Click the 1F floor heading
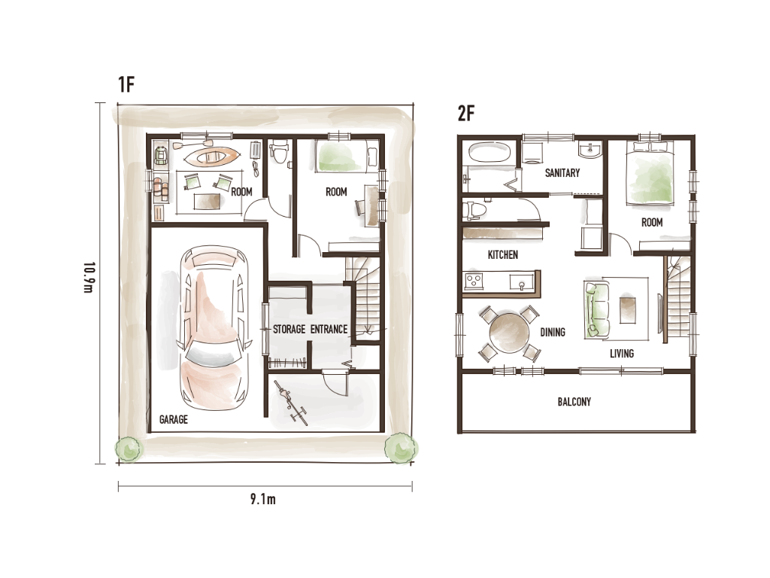pyautogui.click(x=126, y=84)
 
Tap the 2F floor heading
pyautogui.click(x=466, y=113)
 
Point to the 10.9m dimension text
pyautogui.click(x=88, y=277)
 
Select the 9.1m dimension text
pyautogui.click(x=262, y=500)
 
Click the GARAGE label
pyautogui.click(x=174, y=419)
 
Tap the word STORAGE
pyautogui.click(x=290, y=329)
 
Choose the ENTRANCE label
pyautogui.click(x=329, y=329)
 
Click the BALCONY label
pyautogui.click(x=574, y=402)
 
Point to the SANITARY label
pyautogui.click(x=562, y=172)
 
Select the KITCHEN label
pyautogui.click(x=503, y=254)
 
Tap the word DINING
pyautogui.click(x=553, y=332)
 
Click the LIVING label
pyautogui.click(x=622, y=354)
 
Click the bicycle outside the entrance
pyautogui.click(x=291, y=402)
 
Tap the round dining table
pyautogui.click(x=510, y=333)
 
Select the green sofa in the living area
pyautogui.click(x=596, y=309)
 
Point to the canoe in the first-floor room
pyautogui.click(x=211, y=157)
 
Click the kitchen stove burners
pyautogui.click(x=474, y=281)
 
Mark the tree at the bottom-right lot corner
pyautogui.click(x=401, y=448)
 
